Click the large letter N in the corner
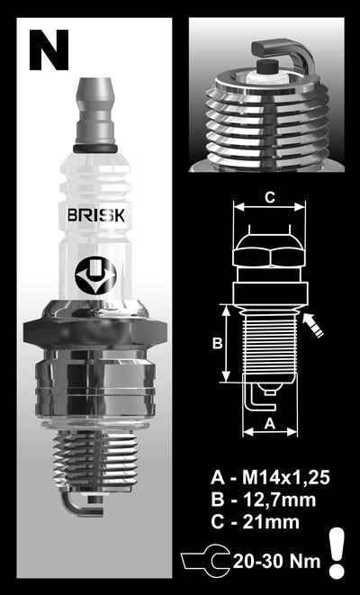48,49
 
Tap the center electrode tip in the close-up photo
266,68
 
